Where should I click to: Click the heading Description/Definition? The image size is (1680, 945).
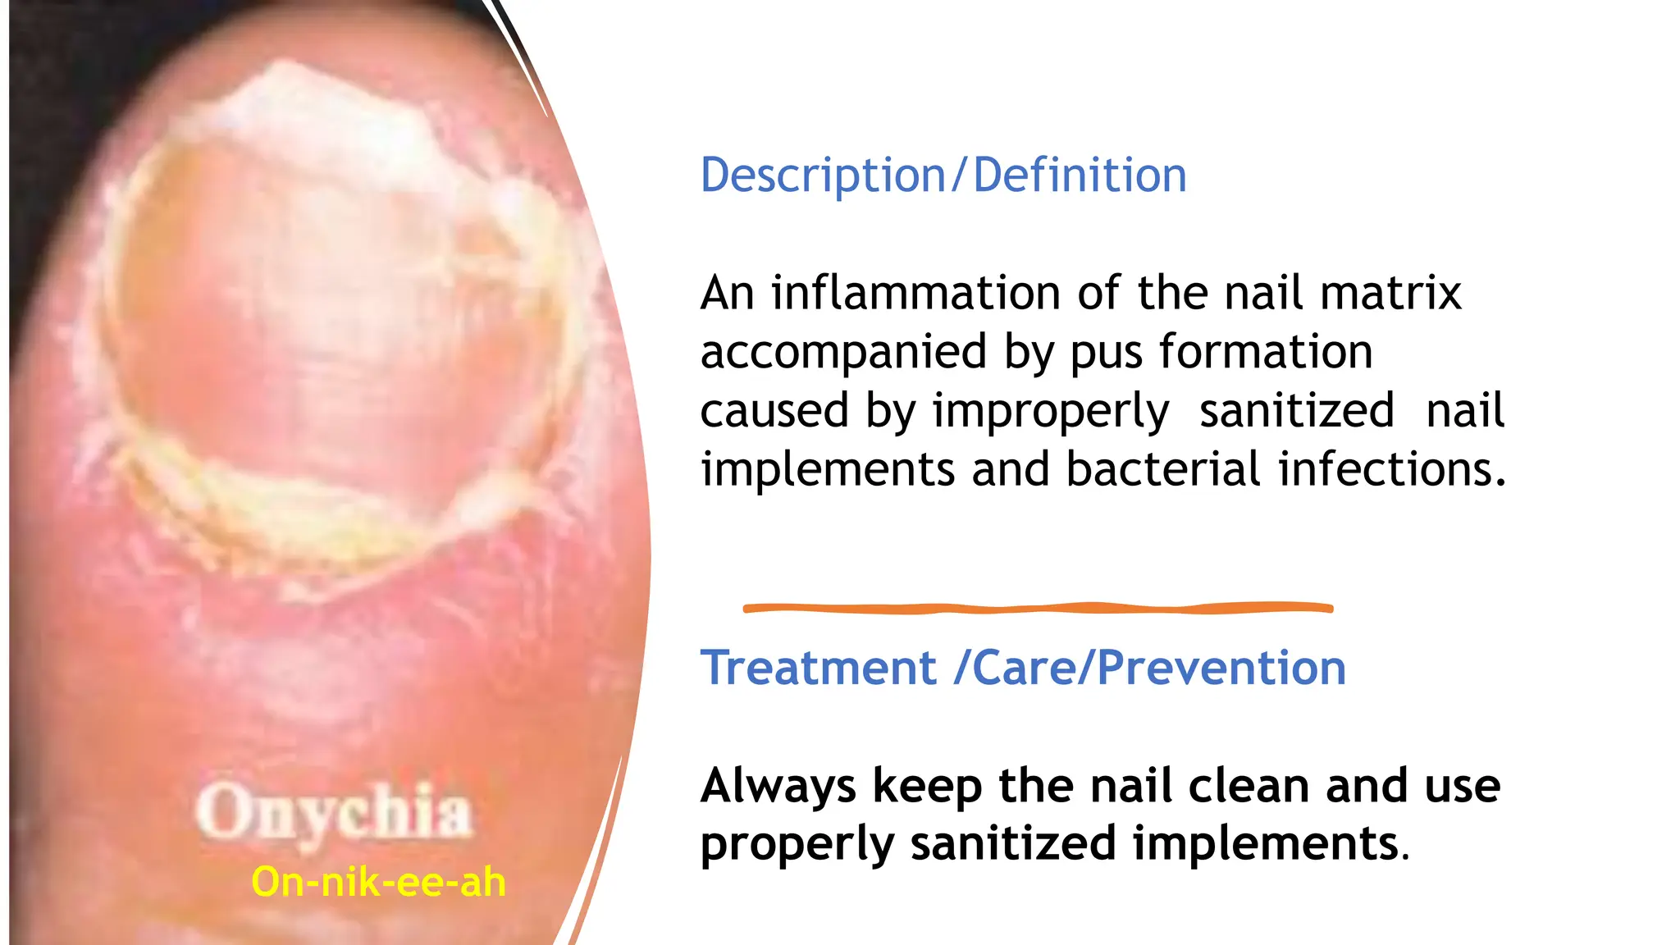click(943, 176)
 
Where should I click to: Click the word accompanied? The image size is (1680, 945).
click(842, 353)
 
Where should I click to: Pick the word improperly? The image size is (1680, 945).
click(1051, 412)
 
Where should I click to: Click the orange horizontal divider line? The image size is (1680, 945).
click(1038, 608)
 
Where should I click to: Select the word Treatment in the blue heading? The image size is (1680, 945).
click(818, 668)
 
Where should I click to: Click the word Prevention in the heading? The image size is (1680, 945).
click(1221, 668)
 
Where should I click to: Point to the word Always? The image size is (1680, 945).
click(778, 786)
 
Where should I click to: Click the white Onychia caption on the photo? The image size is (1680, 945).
click(334, 812)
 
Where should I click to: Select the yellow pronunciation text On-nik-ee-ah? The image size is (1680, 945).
click(378, 883)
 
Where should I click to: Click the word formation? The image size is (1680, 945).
click(1266, 353)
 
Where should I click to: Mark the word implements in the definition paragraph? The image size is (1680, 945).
click(828, 469)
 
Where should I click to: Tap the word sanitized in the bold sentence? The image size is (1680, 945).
click(1013, 845)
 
